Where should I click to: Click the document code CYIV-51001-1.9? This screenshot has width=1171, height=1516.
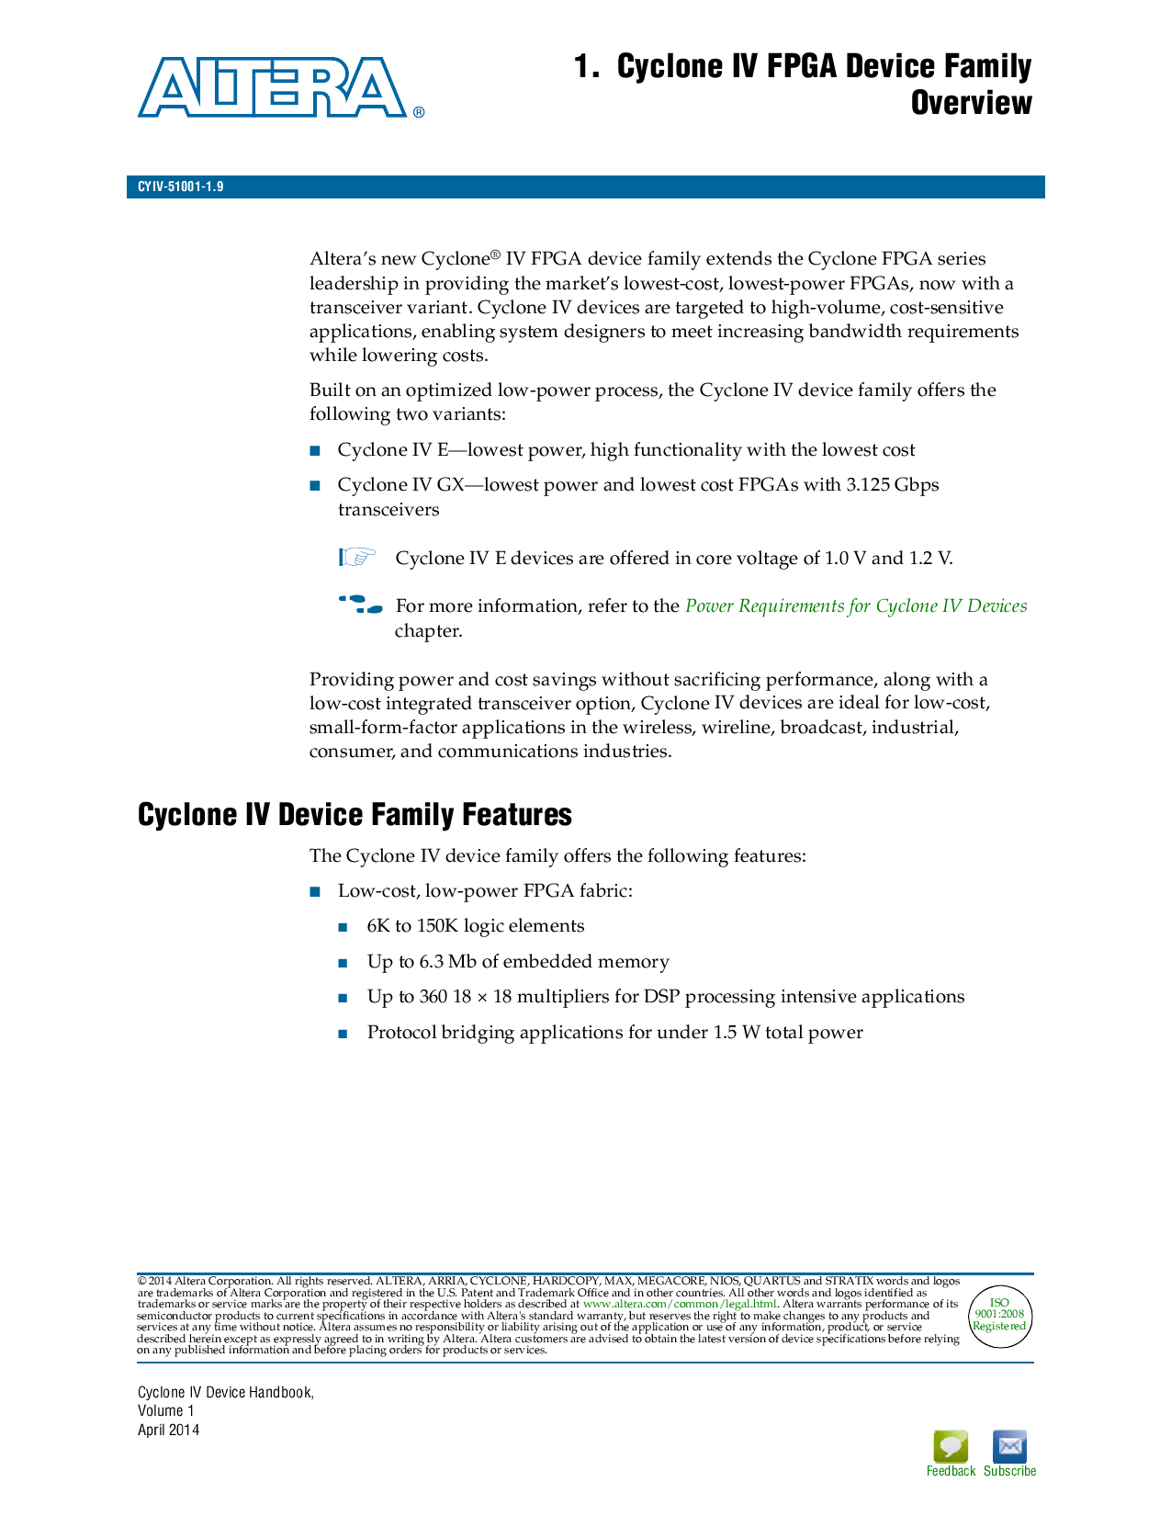click(181, 187)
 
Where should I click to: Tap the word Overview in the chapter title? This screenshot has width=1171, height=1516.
click(971, 103)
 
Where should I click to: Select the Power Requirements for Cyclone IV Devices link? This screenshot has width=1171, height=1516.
click(855, 606)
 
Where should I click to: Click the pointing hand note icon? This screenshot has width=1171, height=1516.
click(357, 557)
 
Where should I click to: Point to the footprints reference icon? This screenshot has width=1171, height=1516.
click(360, 605)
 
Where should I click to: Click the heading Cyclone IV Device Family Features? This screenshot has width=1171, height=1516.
click(355, 815)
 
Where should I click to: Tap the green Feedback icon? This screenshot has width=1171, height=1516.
click(951, 1447)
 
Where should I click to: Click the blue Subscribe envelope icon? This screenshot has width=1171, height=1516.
click(1009, 1447)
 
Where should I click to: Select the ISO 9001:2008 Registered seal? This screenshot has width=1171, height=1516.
click(999, 1315)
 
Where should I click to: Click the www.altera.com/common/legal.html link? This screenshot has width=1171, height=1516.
click(680, 1304)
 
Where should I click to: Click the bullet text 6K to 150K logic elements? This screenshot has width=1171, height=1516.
click(475, 926)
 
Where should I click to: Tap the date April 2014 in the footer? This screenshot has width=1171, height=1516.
click(169, 1430)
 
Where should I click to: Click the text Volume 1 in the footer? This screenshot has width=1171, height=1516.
click(166, 1411)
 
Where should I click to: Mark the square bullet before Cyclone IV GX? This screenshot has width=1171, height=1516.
click(315, 485)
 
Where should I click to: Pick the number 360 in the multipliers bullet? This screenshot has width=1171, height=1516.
click(433, 997)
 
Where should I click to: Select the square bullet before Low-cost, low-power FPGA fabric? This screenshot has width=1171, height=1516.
click(315, 891)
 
